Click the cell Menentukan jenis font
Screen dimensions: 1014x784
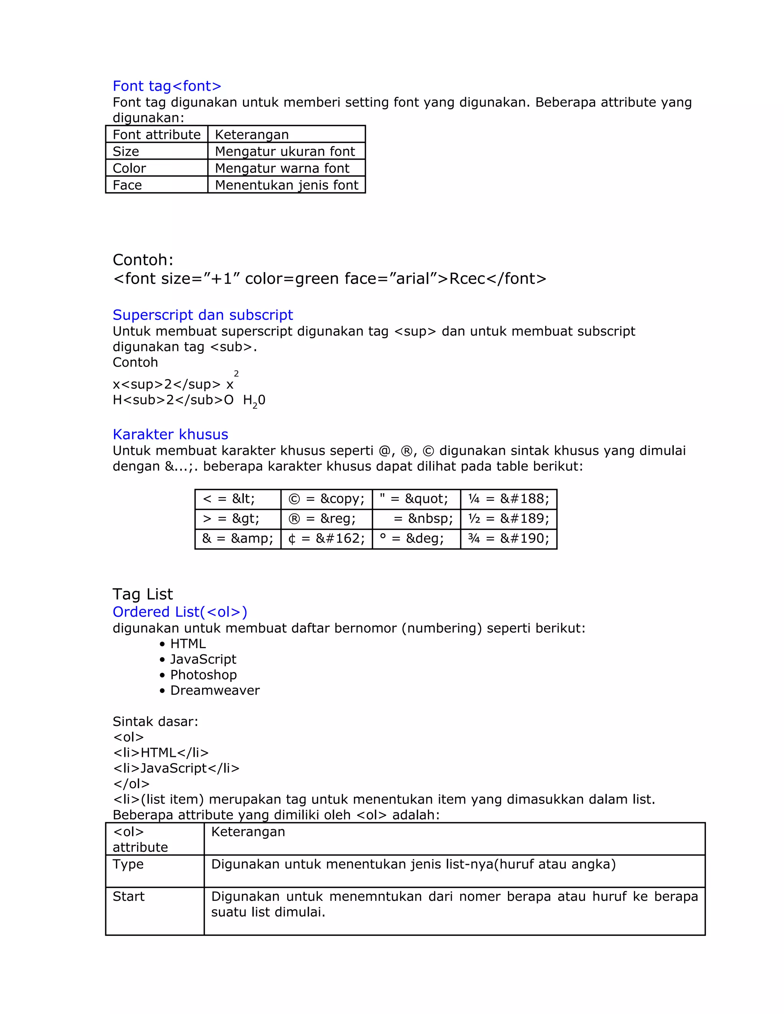click(286, 185)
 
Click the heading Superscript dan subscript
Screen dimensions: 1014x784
click(203, 315)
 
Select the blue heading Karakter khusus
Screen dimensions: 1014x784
click(170, 434)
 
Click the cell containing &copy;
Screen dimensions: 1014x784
click(326, 499)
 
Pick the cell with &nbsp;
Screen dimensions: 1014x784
click(416, 518)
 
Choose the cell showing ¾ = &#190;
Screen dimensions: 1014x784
click(509, 539)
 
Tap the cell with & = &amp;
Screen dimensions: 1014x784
click(237, 539)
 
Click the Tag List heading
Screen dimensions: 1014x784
click(142, 594)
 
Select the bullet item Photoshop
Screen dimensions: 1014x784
click(203, 675)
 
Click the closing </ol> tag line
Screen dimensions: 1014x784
click(131, 784)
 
